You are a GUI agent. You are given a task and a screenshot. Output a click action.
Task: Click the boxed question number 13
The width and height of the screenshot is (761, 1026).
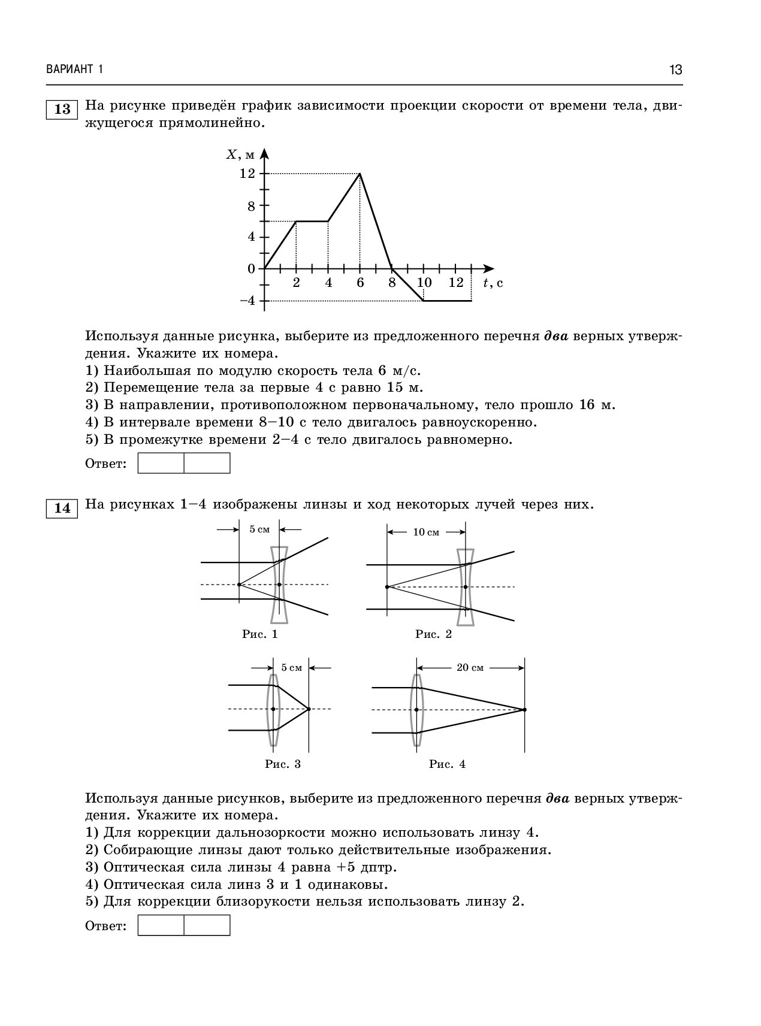tap(62, 109)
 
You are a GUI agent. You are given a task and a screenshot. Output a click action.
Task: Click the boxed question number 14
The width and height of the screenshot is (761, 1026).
tap(62, 509)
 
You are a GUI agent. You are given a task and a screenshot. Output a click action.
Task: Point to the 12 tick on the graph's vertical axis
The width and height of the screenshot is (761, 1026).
tap(247, 173)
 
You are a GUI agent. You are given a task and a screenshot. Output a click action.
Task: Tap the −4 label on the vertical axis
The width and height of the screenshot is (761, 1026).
tap(247, 301)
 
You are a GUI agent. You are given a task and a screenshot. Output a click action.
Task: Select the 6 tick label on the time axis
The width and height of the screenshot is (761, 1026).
tap(360, 283)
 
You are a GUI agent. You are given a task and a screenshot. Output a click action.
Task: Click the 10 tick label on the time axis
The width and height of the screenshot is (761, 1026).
tap(424, 283)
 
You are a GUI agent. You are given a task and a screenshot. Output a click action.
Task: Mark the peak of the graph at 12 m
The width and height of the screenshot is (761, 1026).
tap(360, 174)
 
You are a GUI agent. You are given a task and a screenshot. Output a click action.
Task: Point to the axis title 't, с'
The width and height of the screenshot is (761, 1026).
tap(493, 283)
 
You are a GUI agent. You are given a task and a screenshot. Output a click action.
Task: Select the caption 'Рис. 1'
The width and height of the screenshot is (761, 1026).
tap(259, 634)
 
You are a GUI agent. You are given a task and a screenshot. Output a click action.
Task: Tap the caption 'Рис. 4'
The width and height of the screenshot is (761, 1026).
tap(447, 764)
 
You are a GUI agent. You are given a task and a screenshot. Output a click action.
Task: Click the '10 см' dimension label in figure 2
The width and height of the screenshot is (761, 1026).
tap(426, 532)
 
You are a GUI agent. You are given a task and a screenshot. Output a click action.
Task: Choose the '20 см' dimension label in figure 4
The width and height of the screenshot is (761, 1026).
tap(470, 668)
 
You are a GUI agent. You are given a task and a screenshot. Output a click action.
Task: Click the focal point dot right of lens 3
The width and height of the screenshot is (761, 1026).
tap(309, 709)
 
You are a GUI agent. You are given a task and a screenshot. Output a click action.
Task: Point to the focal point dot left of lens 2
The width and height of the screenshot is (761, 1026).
tap(387, 586)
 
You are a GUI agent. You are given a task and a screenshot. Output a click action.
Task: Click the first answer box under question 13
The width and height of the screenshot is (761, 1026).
tap(161, 463)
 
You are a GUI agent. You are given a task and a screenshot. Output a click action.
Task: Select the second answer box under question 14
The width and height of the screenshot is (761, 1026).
tap(207, 925)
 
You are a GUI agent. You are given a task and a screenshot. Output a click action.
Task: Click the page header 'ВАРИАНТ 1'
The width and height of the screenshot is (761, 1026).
tap(74, 70)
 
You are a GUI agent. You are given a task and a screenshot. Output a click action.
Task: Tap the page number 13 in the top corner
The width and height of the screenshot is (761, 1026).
tap(675, 70)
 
